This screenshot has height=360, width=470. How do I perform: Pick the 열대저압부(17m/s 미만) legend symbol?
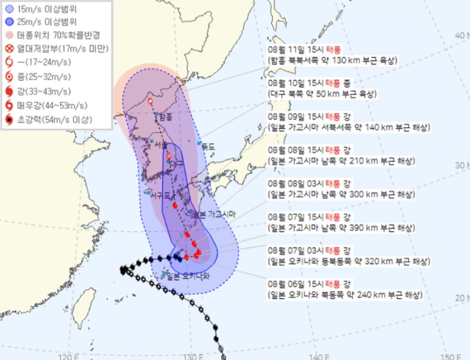(x=9, y=48)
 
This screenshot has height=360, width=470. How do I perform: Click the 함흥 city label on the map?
(x=165, y=117)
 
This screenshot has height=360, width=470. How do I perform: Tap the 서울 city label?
(x=160, y=145)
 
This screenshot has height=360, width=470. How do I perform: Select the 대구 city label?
(x=177, y=163)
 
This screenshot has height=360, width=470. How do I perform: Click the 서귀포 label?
(x=161, y=193)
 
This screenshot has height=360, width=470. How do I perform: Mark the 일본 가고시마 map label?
(x=214, y=214)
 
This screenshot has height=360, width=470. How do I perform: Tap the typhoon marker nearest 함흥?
(x=150, y=103)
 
